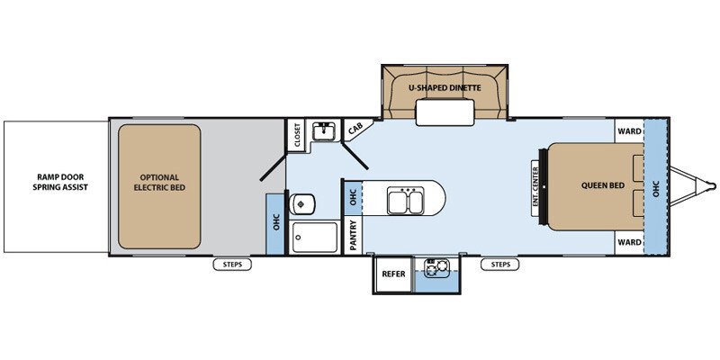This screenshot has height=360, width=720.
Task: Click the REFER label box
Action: click(x=393, y=274)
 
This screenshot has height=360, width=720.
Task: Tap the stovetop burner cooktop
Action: click(x=436, y=268)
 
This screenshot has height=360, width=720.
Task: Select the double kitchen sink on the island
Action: click(x=404, y=201)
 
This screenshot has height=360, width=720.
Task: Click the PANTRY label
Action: click(x=353, y=236)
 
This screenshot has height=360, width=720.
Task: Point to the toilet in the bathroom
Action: click(x=302, y=204)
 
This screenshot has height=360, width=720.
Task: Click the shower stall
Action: click(x=314, y=237)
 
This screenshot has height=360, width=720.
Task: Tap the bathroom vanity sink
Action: click(x=325, y=131)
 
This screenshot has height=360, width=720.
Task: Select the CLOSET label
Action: click(x=297, y=136)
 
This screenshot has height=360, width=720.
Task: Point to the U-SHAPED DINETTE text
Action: click(x=445, y=87)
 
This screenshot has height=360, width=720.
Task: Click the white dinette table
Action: click(x=445, y=112)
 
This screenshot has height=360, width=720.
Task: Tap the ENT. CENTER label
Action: click(x=535, y=188)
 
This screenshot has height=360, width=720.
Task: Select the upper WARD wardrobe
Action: click(x=629, y=131)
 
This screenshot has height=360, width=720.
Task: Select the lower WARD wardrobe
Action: click(x=629, y=242)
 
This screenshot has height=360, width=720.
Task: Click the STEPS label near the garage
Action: click(x=232, y=265)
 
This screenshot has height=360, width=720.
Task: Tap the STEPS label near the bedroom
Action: click(x=500, y=265)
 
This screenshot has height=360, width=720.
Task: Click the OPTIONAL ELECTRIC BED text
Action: click(x=159, y=183)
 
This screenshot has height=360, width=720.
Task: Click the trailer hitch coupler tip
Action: click(x=714, y=186)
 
